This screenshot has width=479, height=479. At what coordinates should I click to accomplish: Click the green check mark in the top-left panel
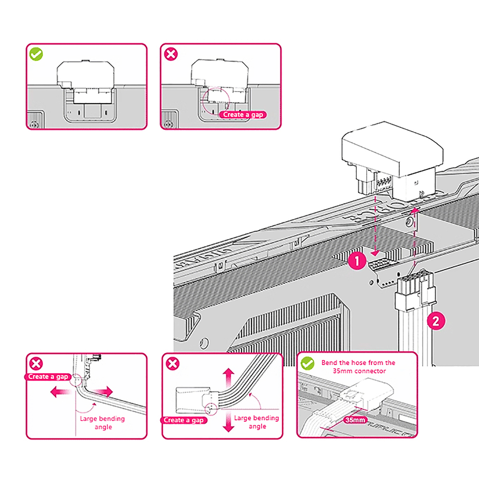(36, 54)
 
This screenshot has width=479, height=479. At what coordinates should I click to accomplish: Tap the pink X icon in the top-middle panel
(171, 54)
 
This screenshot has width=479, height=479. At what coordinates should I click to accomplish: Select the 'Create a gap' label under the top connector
(243, 115)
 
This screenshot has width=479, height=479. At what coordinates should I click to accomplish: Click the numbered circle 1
(357, 261)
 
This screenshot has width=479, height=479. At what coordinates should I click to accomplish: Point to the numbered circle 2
(436, 321)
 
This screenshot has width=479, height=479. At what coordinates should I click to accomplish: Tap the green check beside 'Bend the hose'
(307, 363)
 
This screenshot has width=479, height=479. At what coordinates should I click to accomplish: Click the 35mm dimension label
(355, 420)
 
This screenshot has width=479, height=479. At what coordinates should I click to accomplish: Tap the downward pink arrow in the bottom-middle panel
(228, 422)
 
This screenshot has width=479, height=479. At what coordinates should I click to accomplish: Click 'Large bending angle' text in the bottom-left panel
(102, 423)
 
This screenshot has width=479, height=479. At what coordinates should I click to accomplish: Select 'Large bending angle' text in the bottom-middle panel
(257, 422)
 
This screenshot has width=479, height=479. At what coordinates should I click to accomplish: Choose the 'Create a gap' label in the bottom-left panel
(48, 377)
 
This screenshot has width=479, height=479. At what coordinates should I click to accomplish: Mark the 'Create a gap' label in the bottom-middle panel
(184, 420)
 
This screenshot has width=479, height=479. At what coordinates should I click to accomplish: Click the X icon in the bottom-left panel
(36, 364)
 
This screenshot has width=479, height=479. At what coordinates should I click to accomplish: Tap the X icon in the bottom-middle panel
(173, 364)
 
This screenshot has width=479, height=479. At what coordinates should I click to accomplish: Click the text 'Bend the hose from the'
(358, 363)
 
